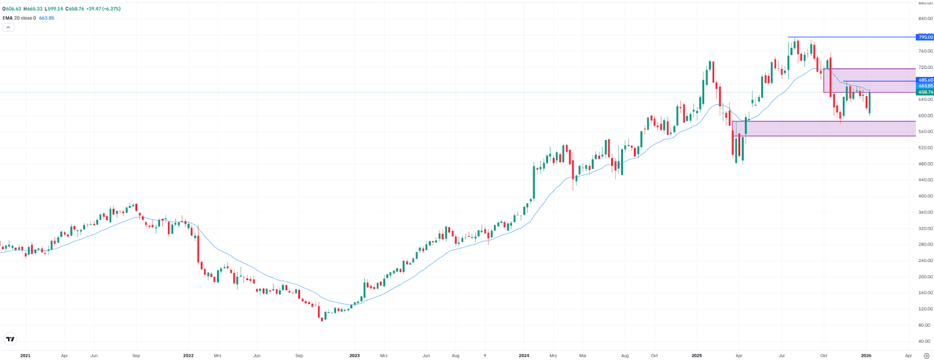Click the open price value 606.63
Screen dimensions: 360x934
[x=13, y=9]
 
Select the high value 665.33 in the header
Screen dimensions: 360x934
[x=35, y=9]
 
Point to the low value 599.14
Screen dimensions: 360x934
[x=56, y=9]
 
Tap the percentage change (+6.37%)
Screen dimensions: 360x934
[x=111, y=9]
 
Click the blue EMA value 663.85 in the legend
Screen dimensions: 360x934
[x=47, y=18]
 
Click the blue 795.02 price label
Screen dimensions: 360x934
[x=925, y=37]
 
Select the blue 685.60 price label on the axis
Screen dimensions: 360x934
[x=925, y=80]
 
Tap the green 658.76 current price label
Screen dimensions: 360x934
[x=925, y=92]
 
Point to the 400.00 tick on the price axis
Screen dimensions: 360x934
[x=925, y=196]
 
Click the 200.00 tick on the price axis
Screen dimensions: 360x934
[x=925, y=277]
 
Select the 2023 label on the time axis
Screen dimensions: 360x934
[x=354, y=355]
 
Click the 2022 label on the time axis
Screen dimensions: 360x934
[x=188, y=355]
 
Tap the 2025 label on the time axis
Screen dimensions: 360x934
[x=696, y=355]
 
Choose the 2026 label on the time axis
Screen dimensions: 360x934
[x=866, y=355]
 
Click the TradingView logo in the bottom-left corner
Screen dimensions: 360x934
[x=10, y=339]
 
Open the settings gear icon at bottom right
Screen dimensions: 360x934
[x=926, y=355]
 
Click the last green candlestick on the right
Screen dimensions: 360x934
[x=870, y=102]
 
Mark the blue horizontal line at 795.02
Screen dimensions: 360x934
[x=846, y=37]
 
